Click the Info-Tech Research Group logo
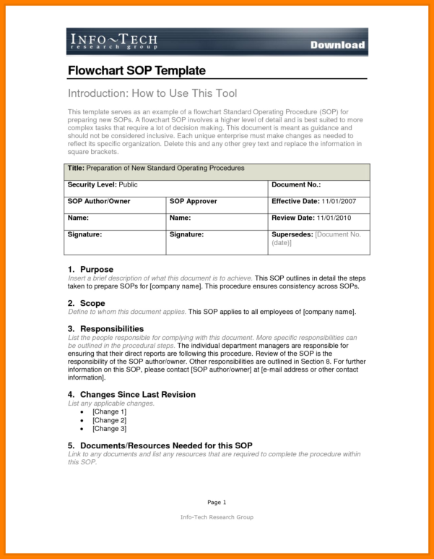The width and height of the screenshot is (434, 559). [x=113, y=41]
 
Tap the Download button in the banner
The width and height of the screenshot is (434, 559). [x=337, y=45]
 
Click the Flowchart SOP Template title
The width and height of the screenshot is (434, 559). [x=136, y=71]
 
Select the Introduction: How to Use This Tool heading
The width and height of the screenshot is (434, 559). [x=152, y=93]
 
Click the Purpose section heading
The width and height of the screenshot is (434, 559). [x=96, y=269]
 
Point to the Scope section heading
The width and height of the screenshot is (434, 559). [x=92, y=303]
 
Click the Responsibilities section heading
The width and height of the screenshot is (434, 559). [x=111, y=329]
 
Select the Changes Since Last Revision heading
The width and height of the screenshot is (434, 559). [x=137, y=395]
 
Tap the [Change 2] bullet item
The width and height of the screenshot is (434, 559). [x=109, y=420]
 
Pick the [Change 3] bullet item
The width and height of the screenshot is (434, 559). [x=109, y=429]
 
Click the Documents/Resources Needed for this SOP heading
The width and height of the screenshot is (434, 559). [x=165, y=445]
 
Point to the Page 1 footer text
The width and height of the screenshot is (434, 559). [x=217, y=502]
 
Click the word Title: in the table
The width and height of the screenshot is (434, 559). [x=76, y=168]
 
